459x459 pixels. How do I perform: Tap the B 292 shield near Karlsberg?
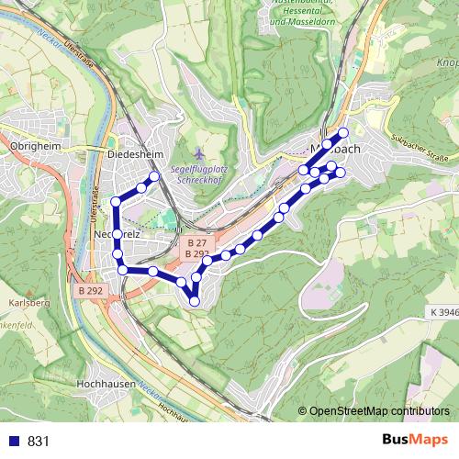click(x=90, y=290)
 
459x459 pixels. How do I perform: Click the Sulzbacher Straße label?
click(x=423, y=148)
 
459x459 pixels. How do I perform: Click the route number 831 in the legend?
click(x=39, y=441)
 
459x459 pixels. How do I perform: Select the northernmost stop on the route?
click(x=343, y=133)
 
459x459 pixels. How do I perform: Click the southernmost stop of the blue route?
click(x=195, y=301)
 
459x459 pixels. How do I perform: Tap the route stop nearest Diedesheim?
click(x=154, y=176)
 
